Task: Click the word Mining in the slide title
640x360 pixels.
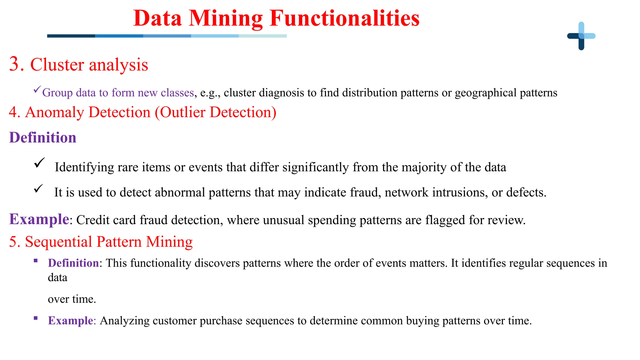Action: [226, 19]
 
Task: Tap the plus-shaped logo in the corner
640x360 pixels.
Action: [581, 36]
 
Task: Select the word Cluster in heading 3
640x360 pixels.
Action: [57, 65]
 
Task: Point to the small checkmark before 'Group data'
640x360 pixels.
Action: [37, 90]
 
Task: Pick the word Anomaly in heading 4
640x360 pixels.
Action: [54, 112]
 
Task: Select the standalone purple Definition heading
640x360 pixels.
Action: [43, 138]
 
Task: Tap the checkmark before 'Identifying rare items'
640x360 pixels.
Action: [39, 163]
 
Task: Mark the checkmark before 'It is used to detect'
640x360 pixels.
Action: [38, 189]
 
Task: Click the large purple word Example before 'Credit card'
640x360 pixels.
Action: [39, 219]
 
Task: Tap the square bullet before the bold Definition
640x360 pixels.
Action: [36, 261]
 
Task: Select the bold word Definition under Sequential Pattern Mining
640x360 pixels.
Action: [73, 263]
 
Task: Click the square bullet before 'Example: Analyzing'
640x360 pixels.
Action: [36, 318]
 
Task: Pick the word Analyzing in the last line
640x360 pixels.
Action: [125, 321]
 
